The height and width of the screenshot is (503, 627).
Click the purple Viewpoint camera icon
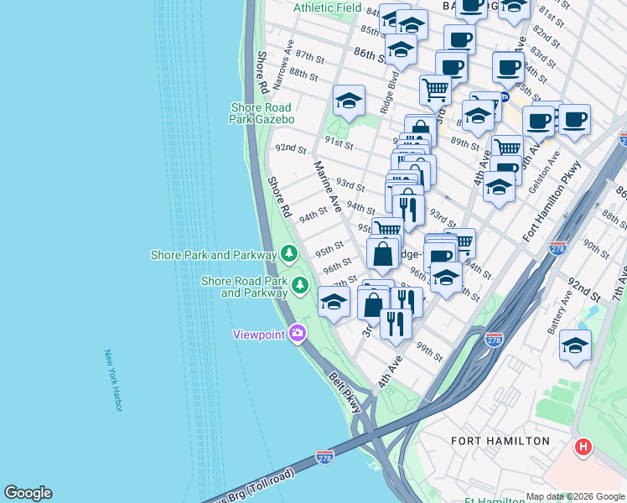(x=297, y=334)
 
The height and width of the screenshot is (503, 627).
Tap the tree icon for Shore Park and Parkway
(x=289, y=253)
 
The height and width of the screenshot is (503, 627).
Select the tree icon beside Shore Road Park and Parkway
(x=300, y=287)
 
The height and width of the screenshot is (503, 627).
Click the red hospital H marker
(x=583, y=448)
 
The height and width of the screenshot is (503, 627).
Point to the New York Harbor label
(x=112, y=380)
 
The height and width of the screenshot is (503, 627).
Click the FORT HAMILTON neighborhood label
(x=500, y=440)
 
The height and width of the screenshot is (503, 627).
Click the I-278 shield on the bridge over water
(x=325, y=457)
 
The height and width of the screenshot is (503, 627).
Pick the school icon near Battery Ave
(x=575, y=345)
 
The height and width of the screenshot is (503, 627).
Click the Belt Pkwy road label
(x=345, y=392)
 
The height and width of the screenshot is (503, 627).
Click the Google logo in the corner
(x=28, y=493)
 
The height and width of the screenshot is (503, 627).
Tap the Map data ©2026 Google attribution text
(x=575, y=496)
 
